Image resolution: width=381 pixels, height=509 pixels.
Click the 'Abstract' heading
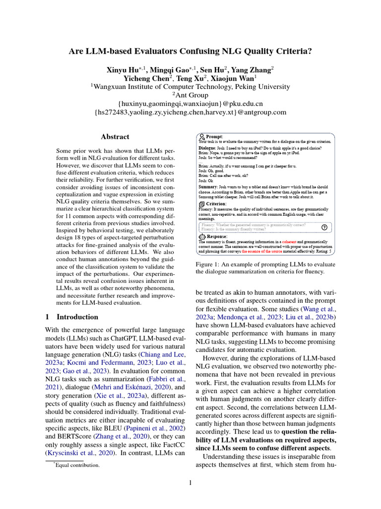point(115,137)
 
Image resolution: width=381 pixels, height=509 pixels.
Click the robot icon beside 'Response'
point(202,237)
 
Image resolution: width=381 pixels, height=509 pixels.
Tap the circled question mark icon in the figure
point(324,227)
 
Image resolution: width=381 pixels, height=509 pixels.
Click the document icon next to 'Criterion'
point(202,204)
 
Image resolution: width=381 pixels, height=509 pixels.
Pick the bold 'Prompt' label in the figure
point(214,136)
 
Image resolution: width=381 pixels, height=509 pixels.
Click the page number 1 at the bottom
point(190,483)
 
